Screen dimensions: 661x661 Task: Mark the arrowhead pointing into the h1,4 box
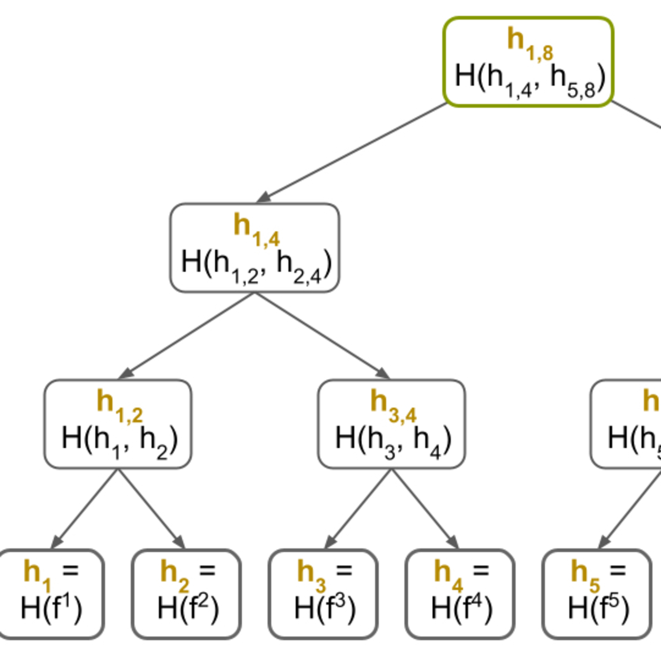tap(264, 198)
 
